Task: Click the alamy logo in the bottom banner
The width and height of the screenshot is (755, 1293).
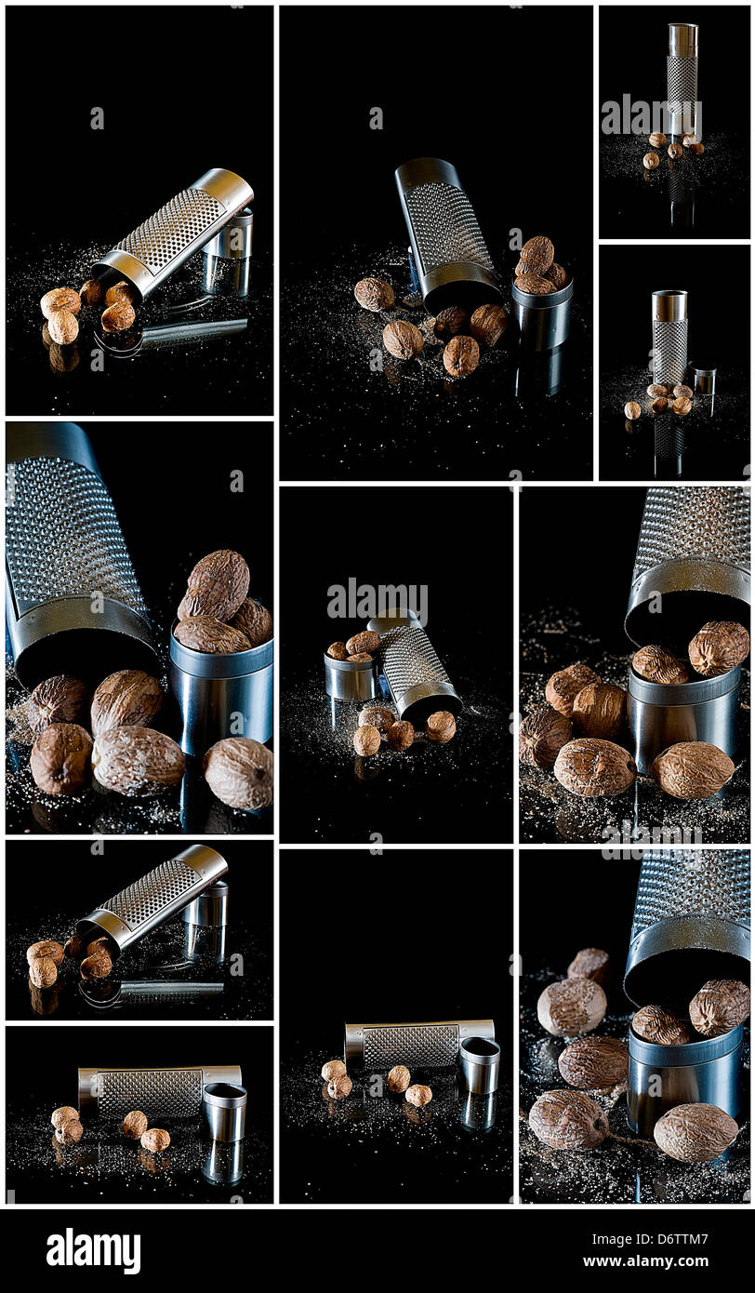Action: tap(93, 1251)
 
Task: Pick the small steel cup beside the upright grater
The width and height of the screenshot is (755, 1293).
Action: tap(703, 380)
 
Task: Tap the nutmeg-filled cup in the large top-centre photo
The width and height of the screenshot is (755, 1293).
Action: tap(541, 316)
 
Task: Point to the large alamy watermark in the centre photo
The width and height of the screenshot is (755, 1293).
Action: tap(377, 600)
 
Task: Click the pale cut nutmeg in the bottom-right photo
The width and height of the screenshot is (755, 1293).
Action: tap(571, 1006)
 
